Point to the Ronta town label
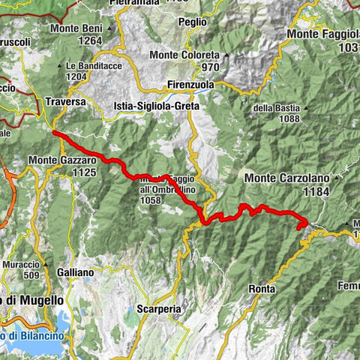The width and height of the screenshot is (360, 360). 262,288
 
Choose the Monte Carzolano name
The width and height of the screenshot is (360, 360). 282,178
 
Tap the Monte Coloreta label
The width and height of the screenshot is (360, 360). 184,55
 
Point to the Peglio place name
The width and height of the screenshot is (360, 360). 193,22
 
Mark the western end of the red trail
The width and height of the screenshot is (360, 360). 54,132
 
